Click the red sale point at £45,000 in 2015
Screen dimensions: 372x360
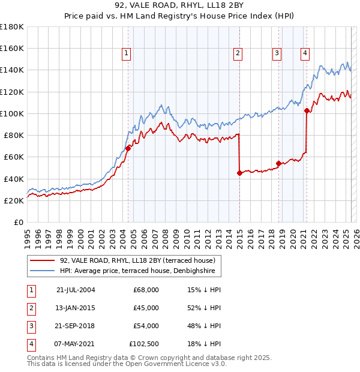(239, 173)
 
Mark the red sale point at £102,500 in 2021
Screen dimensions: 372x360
(307, 110)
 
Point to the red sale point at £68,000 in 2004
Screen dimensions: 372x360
(128, 148)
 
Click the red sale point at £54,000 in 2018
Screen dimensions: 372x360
(279, 163)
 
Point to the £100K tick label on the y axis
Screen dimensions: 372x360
(12, 113)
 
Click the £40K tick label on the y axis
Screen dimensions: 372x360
(14, 179)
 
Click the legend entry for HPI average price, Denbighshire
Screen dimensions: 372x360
(139, 271)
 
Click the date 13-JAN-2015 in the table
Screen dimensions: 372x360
(76, 308)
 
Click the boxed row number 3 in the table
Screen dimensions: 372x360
(30, 326)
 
